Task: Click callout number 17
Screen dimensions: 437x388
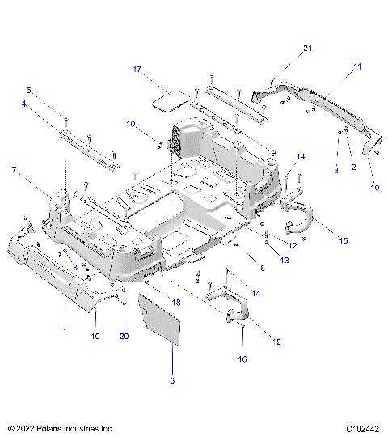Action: tap(138, 70)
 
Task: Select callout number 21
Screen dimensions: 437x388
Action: tap(308, 49)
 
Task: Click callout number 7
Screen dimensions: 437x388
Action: tap(14, 169)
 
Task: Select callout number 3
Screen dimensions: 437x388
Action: tap(336, 168)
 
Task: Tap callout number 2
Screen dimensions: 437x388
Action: tap(352, 168)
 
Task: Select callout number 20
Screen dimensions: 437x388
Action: tap(124, 336)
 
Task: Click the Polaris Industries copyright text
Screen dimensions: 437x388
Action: tap(61, 427)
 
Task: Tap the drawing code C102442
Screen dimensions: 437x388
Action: tap(362, 427)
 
